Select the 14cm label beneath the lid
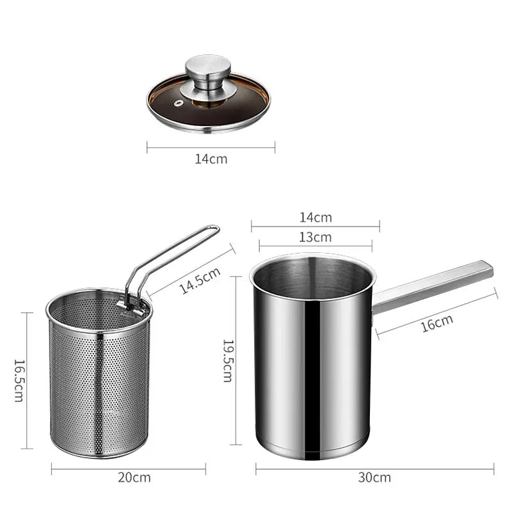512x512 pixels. point(211,159)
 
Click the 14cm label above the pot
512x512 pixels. point(316,218)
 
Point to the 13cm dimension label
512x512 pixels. point(316,237)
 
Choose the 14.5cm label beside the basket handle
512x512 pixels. point(199,280)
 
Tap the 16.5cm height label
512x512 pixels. point(19,380)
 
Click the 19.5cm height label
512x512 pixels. point(228,360)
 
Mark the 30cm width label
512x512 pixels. point(375,477)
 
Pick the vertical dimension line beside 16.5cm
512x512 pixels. point(27,380)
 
